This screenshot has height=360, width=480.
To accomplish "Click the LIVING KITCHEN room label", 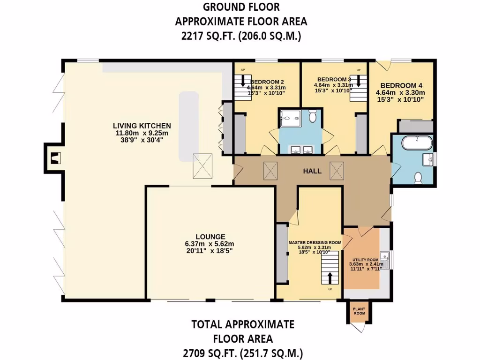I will point(142,126).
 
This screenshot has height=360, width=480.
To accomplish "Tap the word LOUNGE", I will point(210,237).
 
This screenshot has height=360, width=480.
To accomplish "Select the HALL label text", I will point(312,171).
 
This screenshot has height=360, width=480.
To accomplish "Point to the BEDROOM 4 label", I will point(401,86).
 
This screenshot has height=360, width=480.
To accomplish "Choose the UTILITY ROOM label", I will point(366,260).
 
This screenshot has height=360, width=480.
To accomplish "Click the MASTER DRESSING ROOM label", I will point(315,242).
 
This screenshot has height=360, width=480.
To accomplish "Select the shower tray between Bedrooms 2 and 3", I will point(290,118).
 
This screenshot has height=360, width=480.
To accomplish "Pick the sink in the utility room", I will point(385,256).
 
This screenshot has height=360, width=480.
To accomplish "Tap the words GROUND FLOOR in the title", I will point(241,7).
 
